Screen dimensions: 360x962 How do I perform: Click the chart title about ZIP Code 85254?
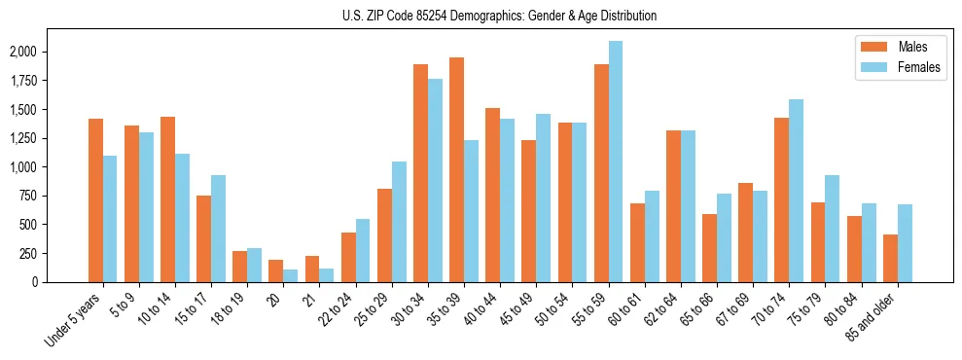tap(500, 16)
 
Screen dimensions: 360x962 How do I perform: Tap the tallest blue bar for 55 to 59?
tap(616, 162)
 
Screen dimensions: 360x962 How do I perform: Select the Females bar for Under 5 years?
tap(110, 219)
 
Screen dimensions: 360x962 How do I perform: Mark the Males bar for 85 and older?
tap(890, 258)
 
